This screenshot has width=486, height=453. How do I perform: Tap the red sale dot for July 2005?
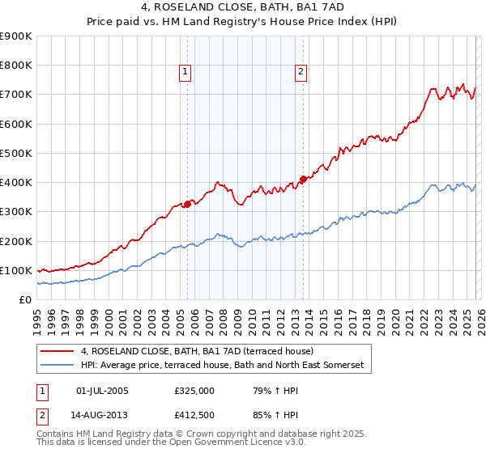pos(187,204)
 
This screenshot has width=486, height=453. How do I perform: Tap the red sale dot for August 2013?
pos(303,179)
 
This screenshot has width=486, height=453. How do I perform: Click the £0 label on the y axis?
pos(24,299)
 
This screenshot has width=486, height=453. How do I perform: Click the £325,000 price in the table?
pos(194,391)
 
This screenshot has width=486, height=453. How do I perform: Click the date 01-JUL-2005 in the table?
pos(102,391)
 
